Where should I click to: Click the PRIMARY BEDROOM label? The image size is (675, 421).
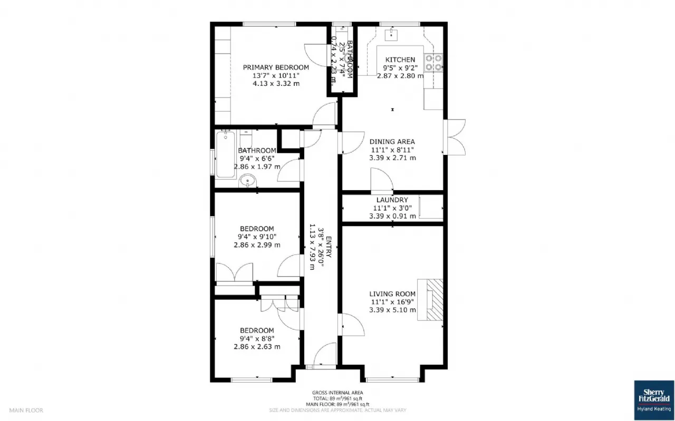[276, 67]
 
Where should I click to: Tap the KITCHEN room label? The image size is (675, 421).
[400, 60]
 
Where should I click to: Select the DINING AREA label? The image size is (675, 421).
[392, 142]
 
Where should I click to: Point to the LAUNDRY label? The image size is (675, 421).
[392, 200]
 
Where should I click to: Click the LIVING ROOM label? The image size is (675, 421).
[392, 294]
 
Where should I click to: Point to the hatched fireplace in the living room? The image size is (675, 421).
[431, 299]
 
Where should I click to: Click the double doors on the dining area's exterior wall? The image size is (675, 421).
[455, 137]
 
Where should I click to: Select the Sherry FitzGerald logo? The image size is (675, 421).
[654, 400]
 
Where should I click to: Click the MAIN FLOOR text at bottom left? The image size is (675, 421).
[26, 410]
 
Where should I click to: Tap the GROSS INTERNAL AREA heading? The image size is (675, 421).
[337, 393]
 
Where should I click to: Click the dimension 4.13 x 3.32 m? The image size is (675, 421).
[276, 83]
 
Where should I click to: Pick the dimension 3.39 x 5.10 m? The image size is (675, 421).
[392, 310]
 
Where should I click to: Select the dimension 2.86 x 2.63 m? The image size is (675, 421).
[257, 347]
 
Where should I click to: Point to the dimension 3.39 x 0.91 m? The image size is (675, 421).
[392, 216]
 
